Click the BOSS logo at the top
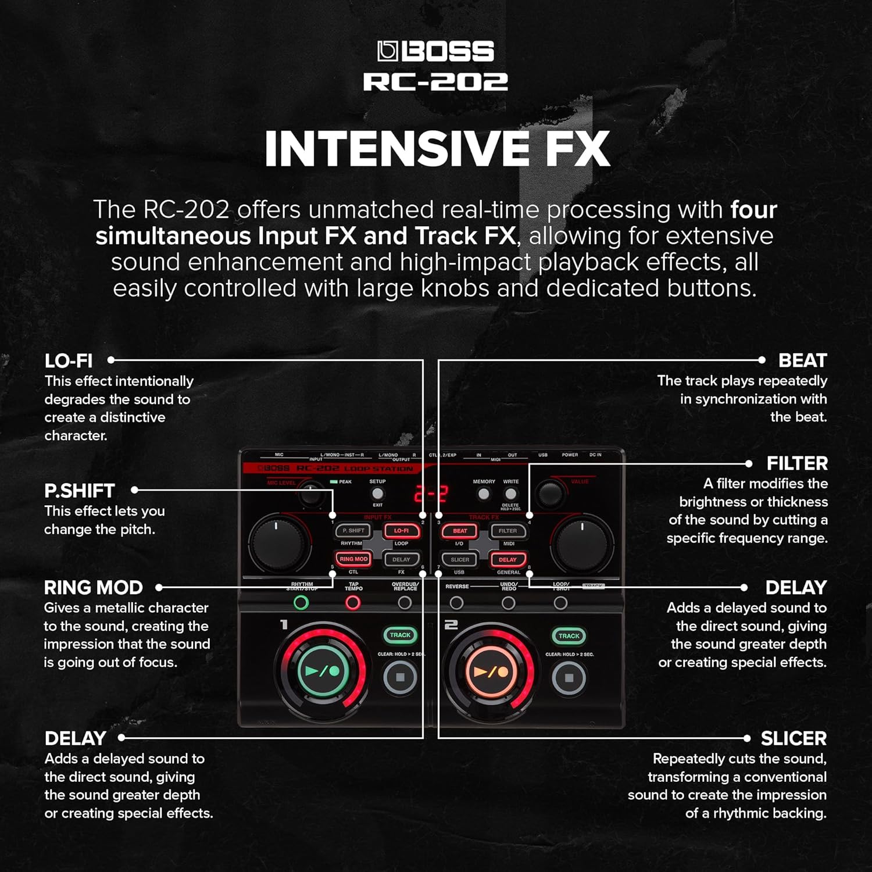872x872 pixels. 436,51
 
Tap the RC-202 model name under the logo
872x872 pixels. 436,82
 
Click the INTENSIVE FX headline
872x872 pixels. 437,149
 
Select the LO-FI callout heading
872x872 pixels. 69,361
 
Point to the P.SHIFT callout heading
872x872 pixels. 80,491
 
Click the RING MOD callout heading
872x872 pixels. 94,588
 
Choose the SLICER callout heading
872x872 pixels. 794,738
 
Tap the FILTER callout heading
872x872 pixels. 797,463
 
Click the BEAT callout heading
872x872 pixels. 802,360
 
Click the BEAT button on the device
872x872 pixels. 460,531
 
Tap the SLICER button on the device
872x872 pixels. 460,559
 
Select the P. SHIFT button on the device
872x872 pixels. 353,531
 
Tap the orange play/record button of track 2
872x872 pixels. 491,671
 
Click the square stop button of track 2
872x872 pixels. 569,678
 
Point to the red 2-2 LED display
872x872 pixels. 431,494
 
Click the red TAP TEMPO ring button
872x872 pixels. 353,603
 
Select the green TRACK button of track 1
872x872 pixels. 400,635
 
